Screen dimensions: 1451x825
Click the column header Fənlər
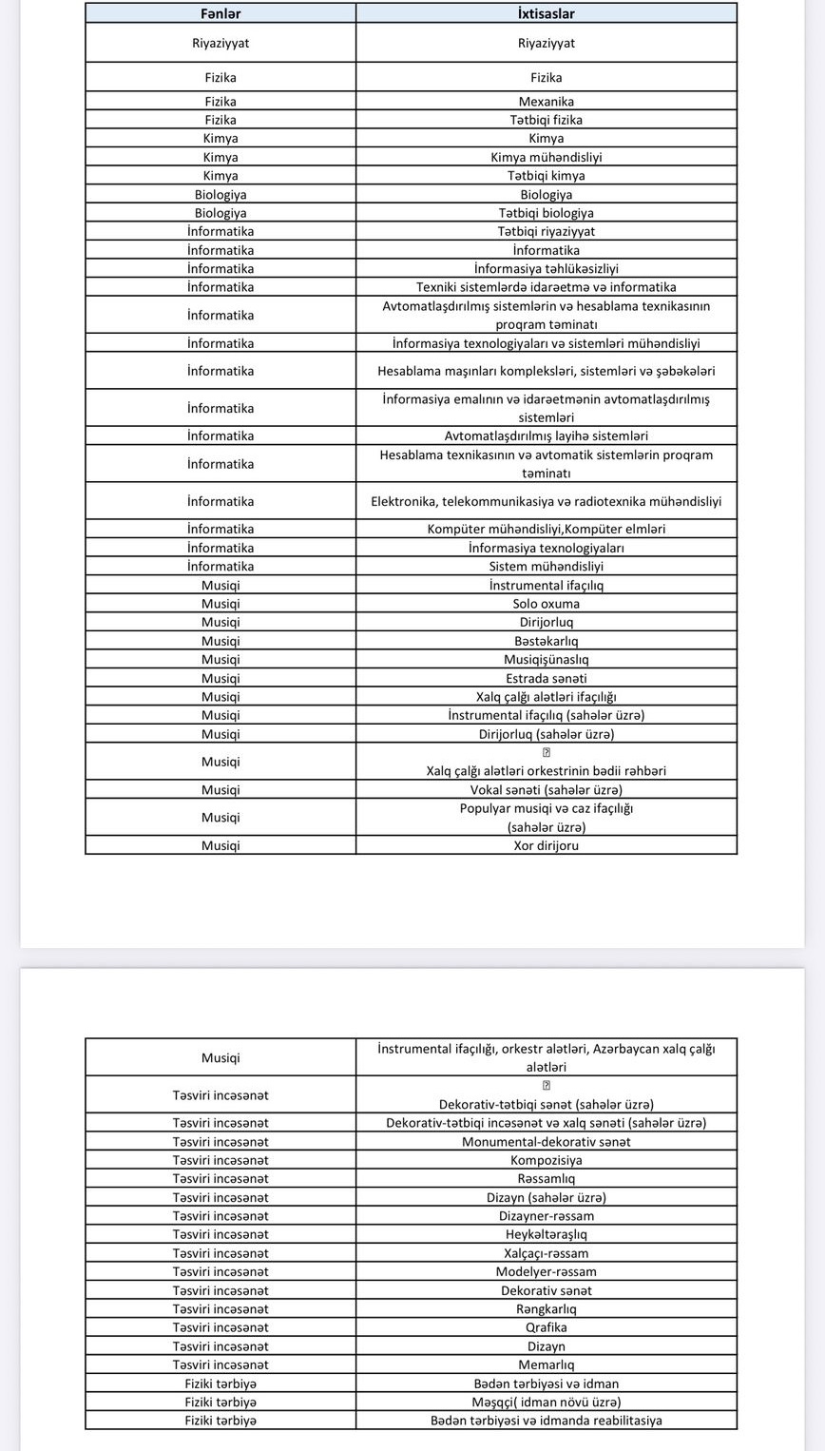[x=221, y=13]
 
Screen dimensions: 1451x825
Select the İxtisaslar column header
[x=546, y=13]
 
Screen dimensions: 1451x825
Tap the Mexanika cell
[x=546, y=101]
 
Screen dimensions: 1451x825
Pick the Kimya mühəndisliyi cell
[x=546, y=157]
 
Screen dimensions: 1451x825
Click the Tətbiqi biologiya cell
[x=546, y=213]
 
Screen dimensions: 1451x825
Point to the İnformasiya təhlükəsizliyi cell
[x=546, y=268]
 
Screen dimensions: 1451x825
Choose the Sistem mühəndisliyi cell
[x=546, y=566]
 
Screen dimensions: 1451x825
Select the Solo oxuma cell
[x=546, y=603]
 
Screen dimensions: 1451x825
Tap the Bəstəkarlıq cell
[x=546, y=641]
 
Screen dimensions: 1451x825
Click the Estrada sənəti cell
[x=546, y=678]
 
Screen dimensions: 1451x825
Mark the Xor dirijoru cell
[x=546, y=845]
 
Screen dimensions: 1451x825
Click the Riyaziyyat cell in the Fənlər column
[x=221, y=43]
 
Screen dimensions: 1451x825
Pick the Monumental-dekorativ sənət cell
[x=546, y=1141]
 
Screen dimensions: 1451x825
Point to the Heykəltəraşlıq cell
[x=546, y=1234]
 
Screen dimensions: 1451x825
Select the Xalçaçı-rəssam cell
[x=546, y=1253]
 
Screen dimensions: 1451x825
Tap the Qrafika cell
[x=546, y=1327]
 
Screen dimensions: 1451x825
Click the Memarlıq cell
[x=546, y=1364]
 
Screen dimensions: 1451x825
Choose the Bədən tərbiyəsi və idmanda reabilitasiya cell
[x=546, y=1421]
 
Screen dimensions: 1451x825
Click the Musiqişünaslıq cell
[x=546, y=659]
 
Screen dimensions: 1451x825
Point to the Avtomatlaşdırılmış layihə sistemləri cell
[x=546, y=435]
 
